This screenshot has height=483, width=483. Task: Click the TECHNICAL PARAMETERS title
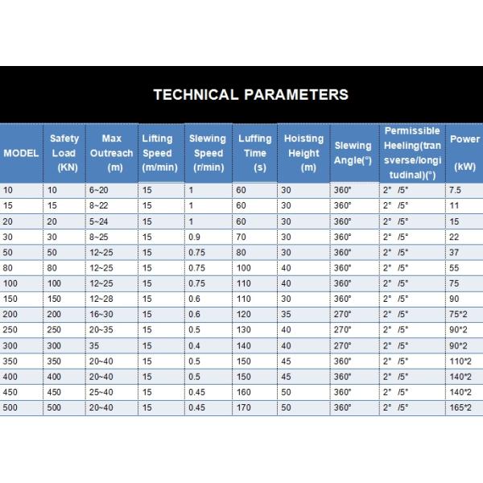tap(250, 94)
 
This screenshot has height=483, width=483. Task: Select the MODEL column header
tap(20, 153)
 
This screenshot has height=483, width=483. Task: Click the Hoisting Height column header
tap(303, 153)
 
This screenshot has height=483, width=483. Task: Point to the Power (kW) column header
tap(464, 153)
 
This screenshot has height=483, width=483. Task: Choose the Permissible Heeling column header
tap(412, 153)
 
